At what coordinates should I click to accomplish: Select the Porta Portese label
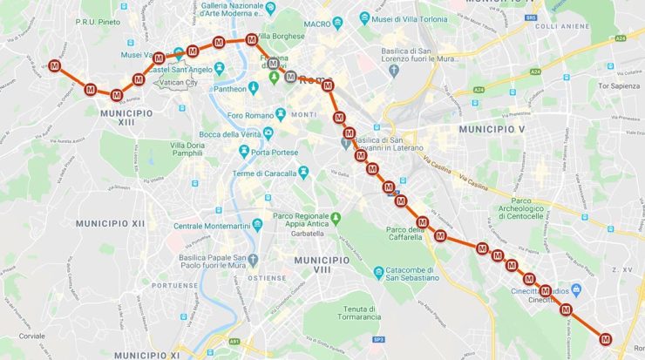(271, 153)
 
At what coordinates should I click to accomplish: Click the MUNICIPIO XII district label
(111, 224)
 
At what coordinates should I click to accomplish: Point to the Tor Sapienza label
(618, 86)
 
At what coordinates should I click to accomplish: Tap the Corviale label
(31, 336)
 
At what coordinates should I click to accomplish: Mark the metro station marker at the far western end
(55, 66)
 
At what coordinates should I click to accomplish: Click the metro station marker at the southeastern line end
(605, 338)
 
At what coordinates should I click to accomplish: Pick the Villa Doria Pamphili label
(188, 149)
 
